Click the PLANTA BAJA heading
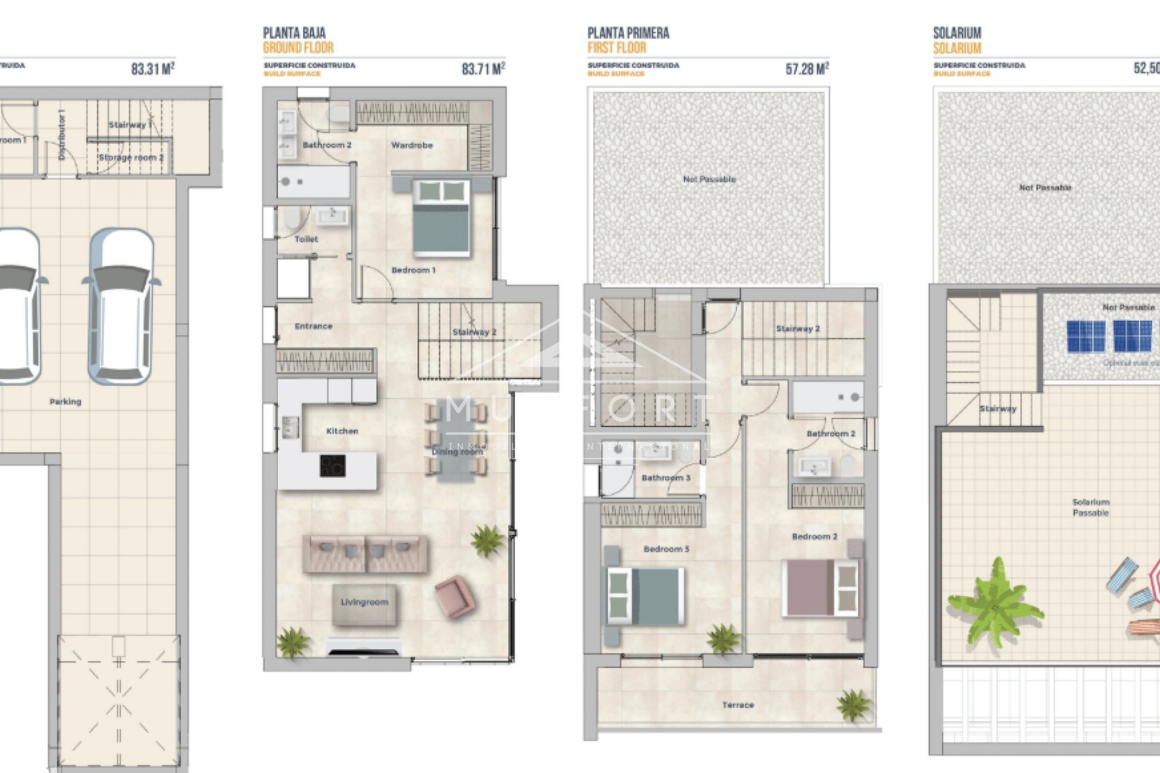pos(294,33)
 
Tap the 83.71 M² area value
pos(483,69)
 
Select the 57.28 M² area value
pos(807,69)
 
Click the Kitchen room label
pos(342,431)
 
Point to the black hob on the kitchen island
pos(332,466)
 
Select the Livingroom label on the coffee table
pos(364,602)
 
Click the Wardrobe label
pos(411,146)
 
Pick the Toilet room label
pos(306,239)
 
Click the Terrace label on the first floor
pos(738,705)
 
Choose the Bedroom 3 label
pos(666,549)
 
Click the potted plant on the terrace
pos(853,705)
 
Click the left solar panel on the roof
pos(1086,336)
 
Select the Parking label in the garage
pos(65,402)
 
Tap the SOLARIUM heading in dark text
pos(957,33)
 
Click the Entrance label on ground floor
pos(314,326)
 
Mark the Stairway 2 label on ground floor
pos(474,332)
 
